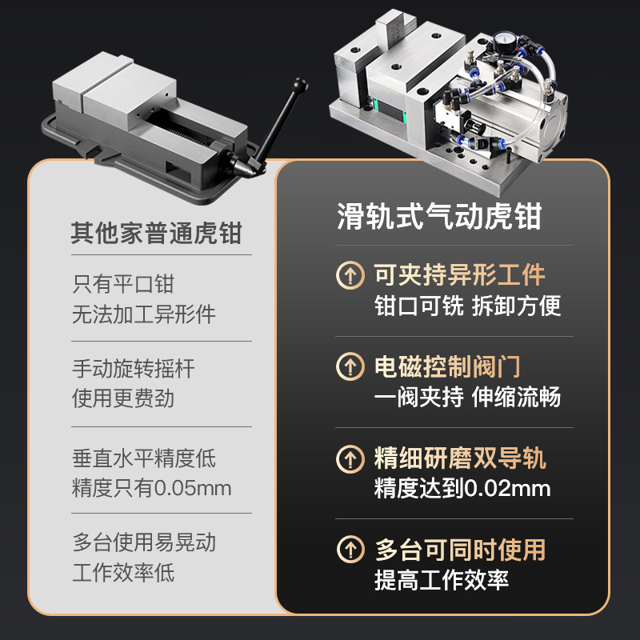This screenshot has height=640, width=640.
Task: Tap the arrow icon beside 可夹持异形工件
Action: [x=350, y=276]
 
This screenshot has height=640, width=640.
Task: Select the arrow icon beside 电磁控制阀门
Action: [x=350, y=367]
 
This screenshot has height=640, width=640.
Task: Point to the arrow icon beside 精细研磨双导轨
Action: [x=350, y=459]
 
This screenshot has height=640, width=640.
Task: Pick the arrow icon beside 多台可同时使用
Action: [x=350, y=550]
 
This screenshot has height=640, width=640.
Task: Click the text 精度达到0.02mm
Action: [x=462, y=488]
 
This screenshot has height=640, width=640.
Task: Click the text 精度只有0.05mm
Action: [x=152, y=488]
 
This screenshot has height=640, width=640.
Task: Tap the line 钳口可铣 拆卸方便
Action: [x=467, y=306]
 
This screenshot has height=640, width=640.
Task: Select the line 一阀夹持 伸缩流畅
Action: [x=467, y=397]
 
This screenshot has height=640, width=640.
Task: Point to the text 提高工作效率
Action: [x=442, y=580]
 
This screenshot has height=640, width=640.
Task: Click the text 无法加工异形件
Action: [x=144, y=314]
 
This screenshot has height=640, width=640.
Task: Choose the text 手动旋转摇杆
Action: [x=134, y=369]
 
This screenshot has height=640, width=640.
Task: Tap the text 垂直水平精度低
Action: [x=144, y=459]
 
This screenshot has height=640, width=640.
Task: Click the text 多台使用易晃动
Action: [x=144, y=544]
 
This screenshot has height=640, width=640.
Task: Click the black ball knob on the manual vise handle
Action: [x=301, y=83]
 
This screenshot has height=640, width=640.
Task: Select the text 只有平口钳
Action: [x=123, y=284]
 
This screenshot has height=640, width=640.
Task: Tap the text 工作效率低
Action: [x=123, y=573]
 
